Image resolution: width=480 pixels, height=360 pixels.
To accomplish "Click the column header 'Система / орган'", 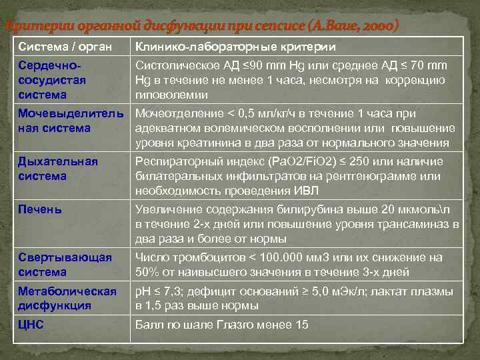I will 64,47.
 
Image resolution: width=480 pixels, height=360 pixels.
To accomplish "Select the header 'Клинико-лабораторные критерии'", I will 235,47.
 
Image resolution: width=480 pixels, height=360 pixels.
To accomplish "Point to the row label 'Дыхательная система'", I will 58,169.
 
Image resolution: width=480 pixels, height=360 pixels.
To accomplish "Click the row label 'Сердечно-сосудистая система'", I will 53,80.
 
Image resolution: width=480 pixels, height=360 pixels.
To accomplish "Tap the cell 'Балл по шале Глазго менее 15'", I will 221,325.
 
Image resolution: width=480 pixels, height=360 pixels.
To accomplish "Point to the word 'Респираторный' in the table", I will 174,162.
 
